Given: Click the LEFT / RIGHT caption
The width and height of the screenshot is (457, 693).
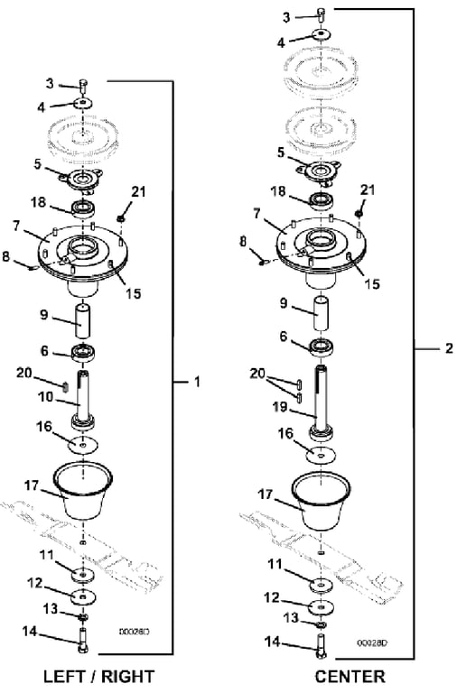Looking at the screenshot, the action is (98, 676).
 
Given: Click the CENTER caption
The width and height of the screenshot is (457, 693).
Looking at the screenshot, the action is (350, 676).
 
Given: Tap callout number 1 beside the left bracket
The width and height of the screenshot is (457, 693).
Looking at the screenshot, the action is (197, 382).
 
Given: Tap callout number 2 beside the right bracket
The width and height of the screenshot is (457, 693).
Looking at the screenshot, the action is (449, 348).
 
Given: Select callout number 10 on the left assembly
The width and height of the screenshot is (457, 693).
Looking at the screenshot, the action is (45, 397).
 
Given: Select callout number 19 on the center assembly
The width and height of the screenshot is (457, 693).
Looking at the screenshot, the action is (280, 407).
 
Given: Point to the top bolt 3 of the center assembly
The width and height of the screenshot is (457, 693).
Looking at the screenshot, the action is (322, 14).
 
